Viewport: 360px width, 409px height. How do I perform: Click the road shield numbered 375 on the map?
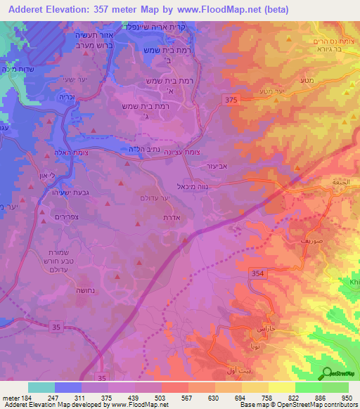tap(233, 100)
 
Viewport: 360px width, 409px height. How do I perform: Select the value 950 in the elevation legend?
tap(347, 397)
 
